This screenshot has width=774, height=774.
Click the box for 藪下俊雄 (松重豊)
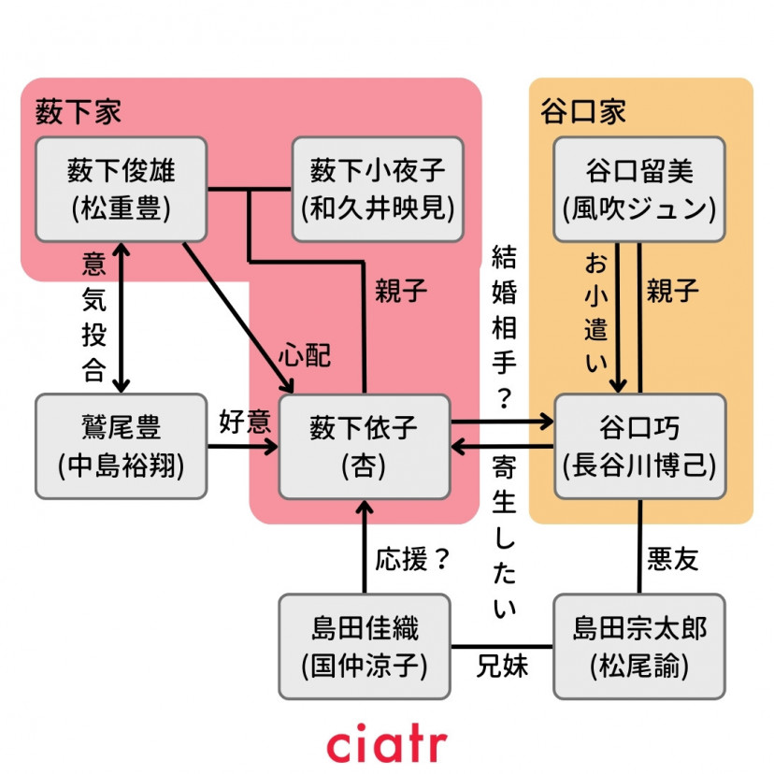[121, 190]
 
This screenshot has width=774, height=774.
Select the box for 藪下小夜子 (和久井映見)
[378, 190]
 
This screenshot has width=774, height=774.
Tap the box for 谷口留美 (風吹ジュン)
[639, 190]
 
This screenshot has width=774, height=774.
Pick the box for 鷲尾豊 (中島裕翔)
[121, 446]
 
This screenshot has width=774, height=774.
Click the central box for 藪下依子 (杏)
[365, 446]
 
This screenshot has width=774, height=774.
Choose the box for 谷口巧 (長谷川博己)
[639, 446]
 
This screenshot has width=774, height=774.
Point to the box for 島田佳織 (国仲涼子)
[365, 646]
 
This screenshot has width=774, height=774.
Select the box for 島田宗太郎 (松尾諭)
[639, 646]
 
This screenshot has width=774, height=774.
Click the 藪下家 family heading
[79, 112]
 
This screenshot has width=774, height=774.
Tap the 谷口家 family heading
[583, 112]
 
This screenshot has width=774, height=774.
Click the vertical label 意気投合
[93, 318]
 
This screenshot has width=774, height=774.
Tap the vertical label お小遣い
[595, 313]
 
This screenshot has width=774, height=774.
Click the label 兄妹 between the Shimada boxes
[502, 666]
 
